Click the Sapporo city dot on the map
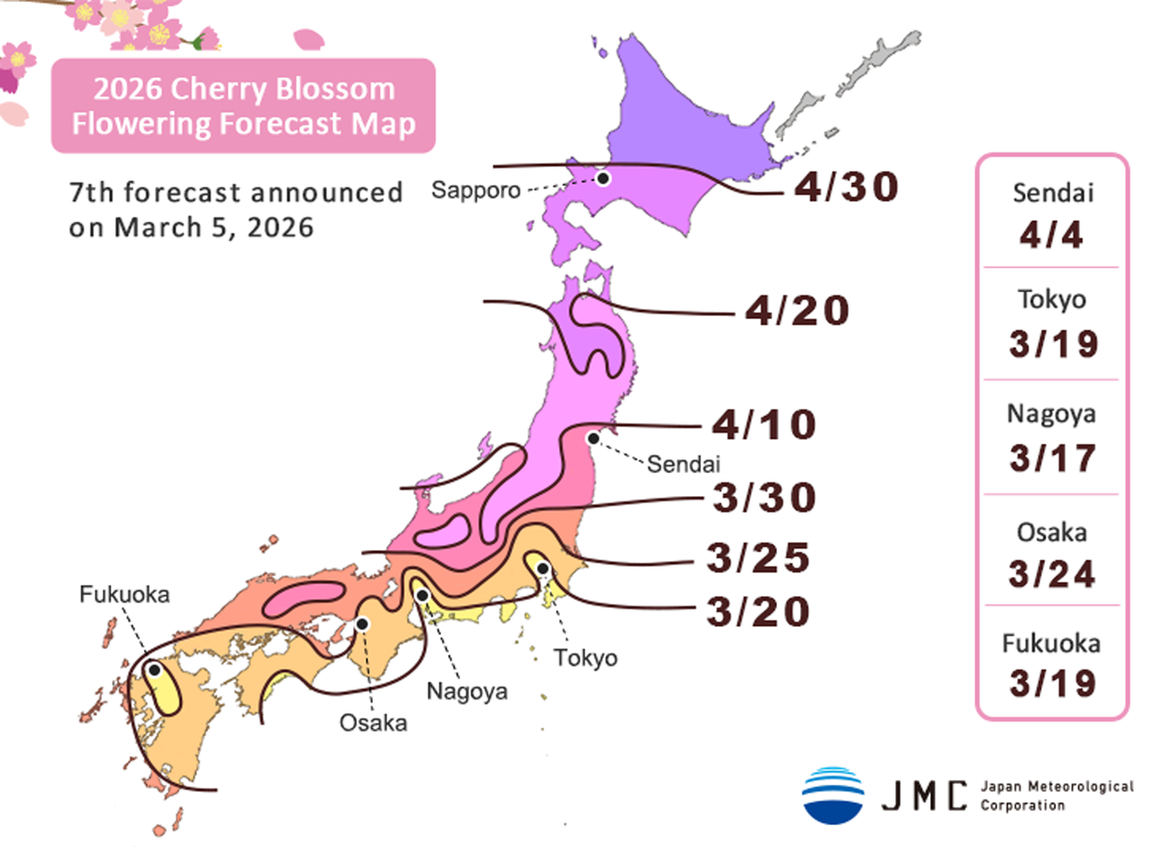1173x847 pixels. pos(603,178)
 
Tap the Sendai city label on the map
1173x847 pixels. pos(684,464)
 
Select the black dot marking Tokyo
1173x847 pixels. pos(543,569)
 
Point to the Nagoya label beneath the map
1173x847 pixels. pos(466,690)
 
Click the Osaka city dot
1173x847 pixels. pos(362,624)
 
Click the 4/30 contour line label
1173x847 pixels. pos(846,187)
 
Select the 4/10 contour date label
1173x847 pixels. pos(763,425)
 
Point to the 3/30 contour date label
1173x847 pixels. pos(763,498)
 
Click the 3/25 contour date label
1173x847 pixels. pos(758,558)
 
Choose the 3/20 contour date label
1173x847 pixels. pos(758,611)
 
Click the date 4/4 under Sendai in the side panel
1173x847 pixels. pos(1052,236)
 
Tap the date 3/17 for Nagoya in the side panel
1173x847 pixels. pos(1052,457)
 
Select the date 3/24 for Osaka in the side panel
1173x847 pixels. pos(1052,574)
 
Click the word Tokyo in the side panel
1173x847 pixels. pos(1052,300)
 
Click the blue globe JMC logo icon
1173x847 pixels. pos(833,795)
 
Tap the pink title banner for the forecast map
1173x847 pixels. pos(243,105)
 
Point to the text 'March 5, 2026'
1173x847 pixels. pos(214,227)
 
